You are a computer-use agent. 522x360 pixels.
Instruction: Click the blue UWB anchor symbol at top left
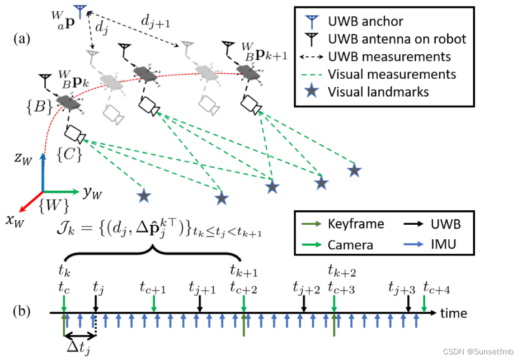point(79,11)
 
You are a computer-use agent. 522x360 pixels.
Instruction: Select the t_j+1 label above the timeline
point(202,288)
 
